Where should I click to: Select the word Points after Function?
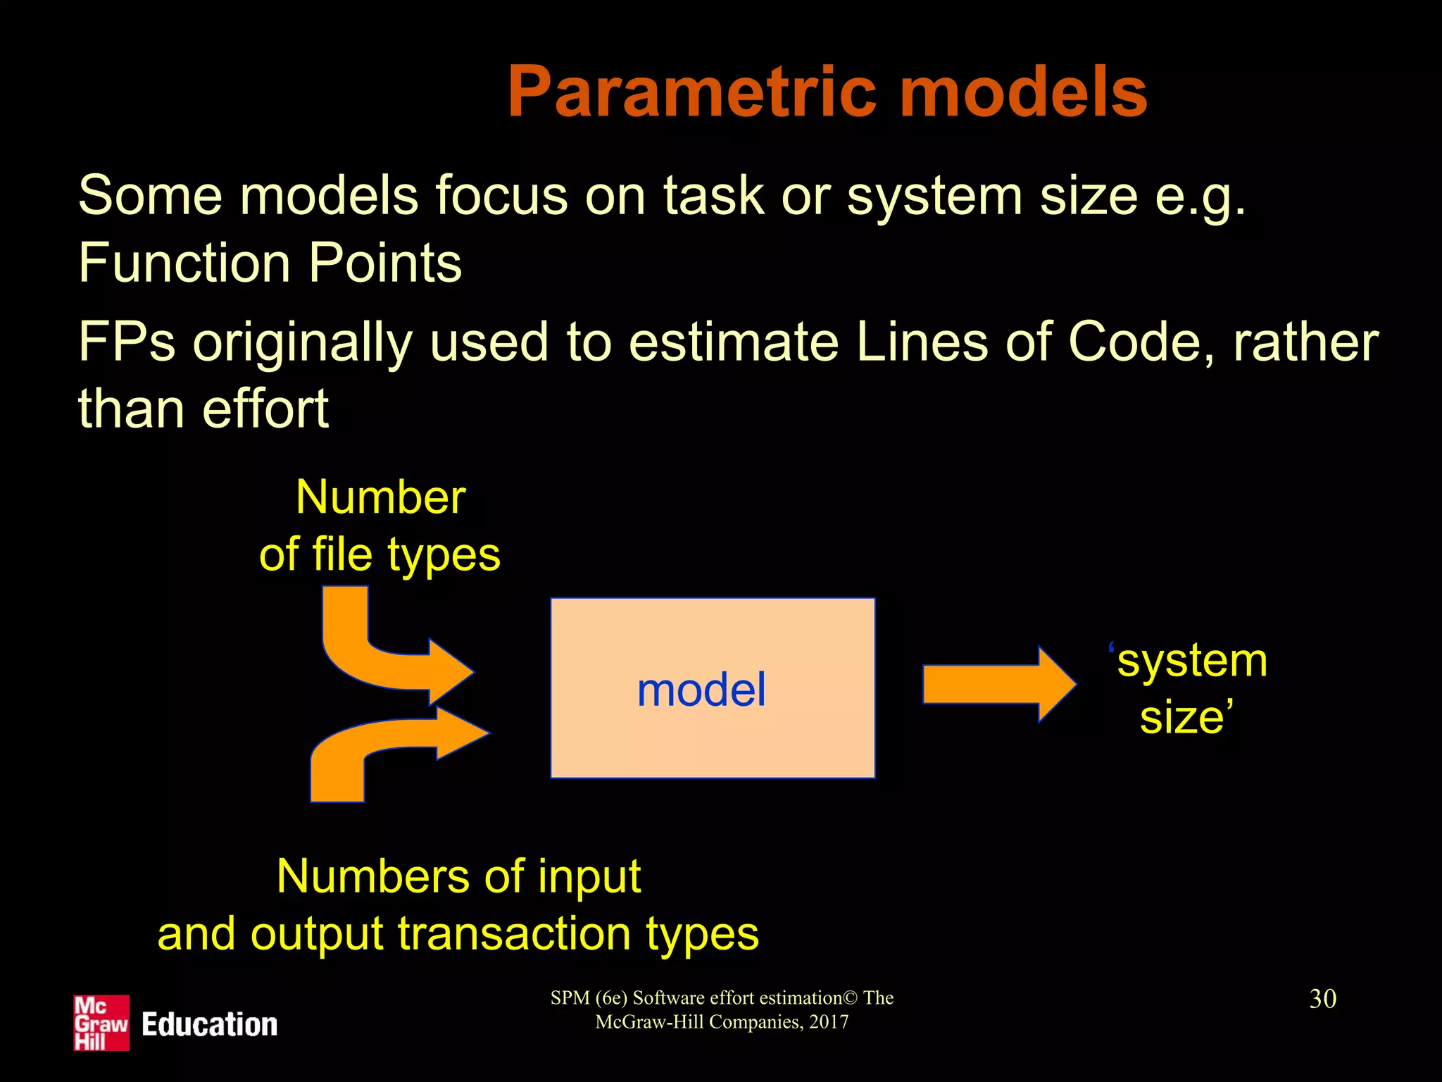[x=384, y=263]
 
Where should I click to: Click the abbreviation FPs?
[x=127, y=342]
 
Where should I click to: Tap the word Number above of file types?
[x=380, y=498]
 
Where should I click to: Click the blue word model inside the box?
[x=701, y=690]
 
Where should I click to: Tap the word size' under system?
[x=1186, y=718]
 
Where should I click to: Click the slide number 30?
[x=1322, y=999]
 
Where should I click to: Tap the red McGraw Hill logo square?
[x=101, y=1023]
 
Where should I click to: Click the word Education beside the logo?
[x=209, y=1025]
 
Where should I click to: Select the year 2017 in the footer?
[x=829, y=1022]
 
